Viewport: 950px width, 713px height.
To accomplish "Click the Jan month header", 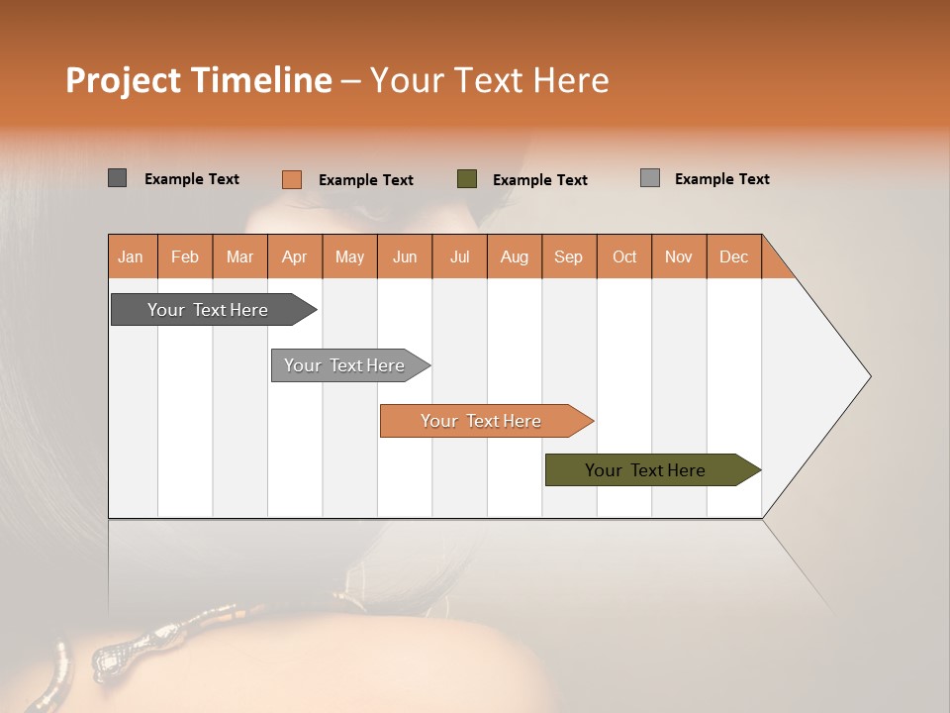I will [132, 256].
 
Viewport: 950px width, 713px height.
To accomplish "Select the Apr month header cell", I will [295, 256].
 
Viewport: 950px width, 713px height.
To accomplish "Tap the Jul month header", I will [459, 256].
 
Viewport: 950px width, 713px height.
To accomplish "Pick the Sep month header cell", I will [569, 256].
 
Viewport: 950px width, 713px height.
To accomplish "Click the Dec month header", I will [733, 256].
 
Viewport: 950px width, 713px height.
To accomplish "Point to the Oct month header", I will [624, 256].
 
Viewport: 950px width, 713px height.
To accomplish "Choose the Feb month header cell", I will [185, 256].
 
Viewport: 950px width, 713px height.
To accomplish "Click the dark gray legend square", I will [117, 178].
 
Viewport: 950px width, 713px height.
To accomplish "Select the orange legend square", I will [292, 179].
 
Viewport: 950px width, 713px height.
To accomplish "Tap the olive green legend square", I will [467, 179].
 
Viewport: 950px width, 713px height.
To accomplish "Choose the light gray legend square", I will [650, 178].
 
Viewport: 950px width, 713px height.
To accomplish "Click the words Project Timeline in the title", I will [199, 80].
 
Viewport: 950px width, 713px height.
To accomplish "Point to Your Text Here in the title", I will [489, 80].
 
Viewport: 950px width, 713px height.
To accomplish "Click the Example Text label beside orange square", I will [365, 180].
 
